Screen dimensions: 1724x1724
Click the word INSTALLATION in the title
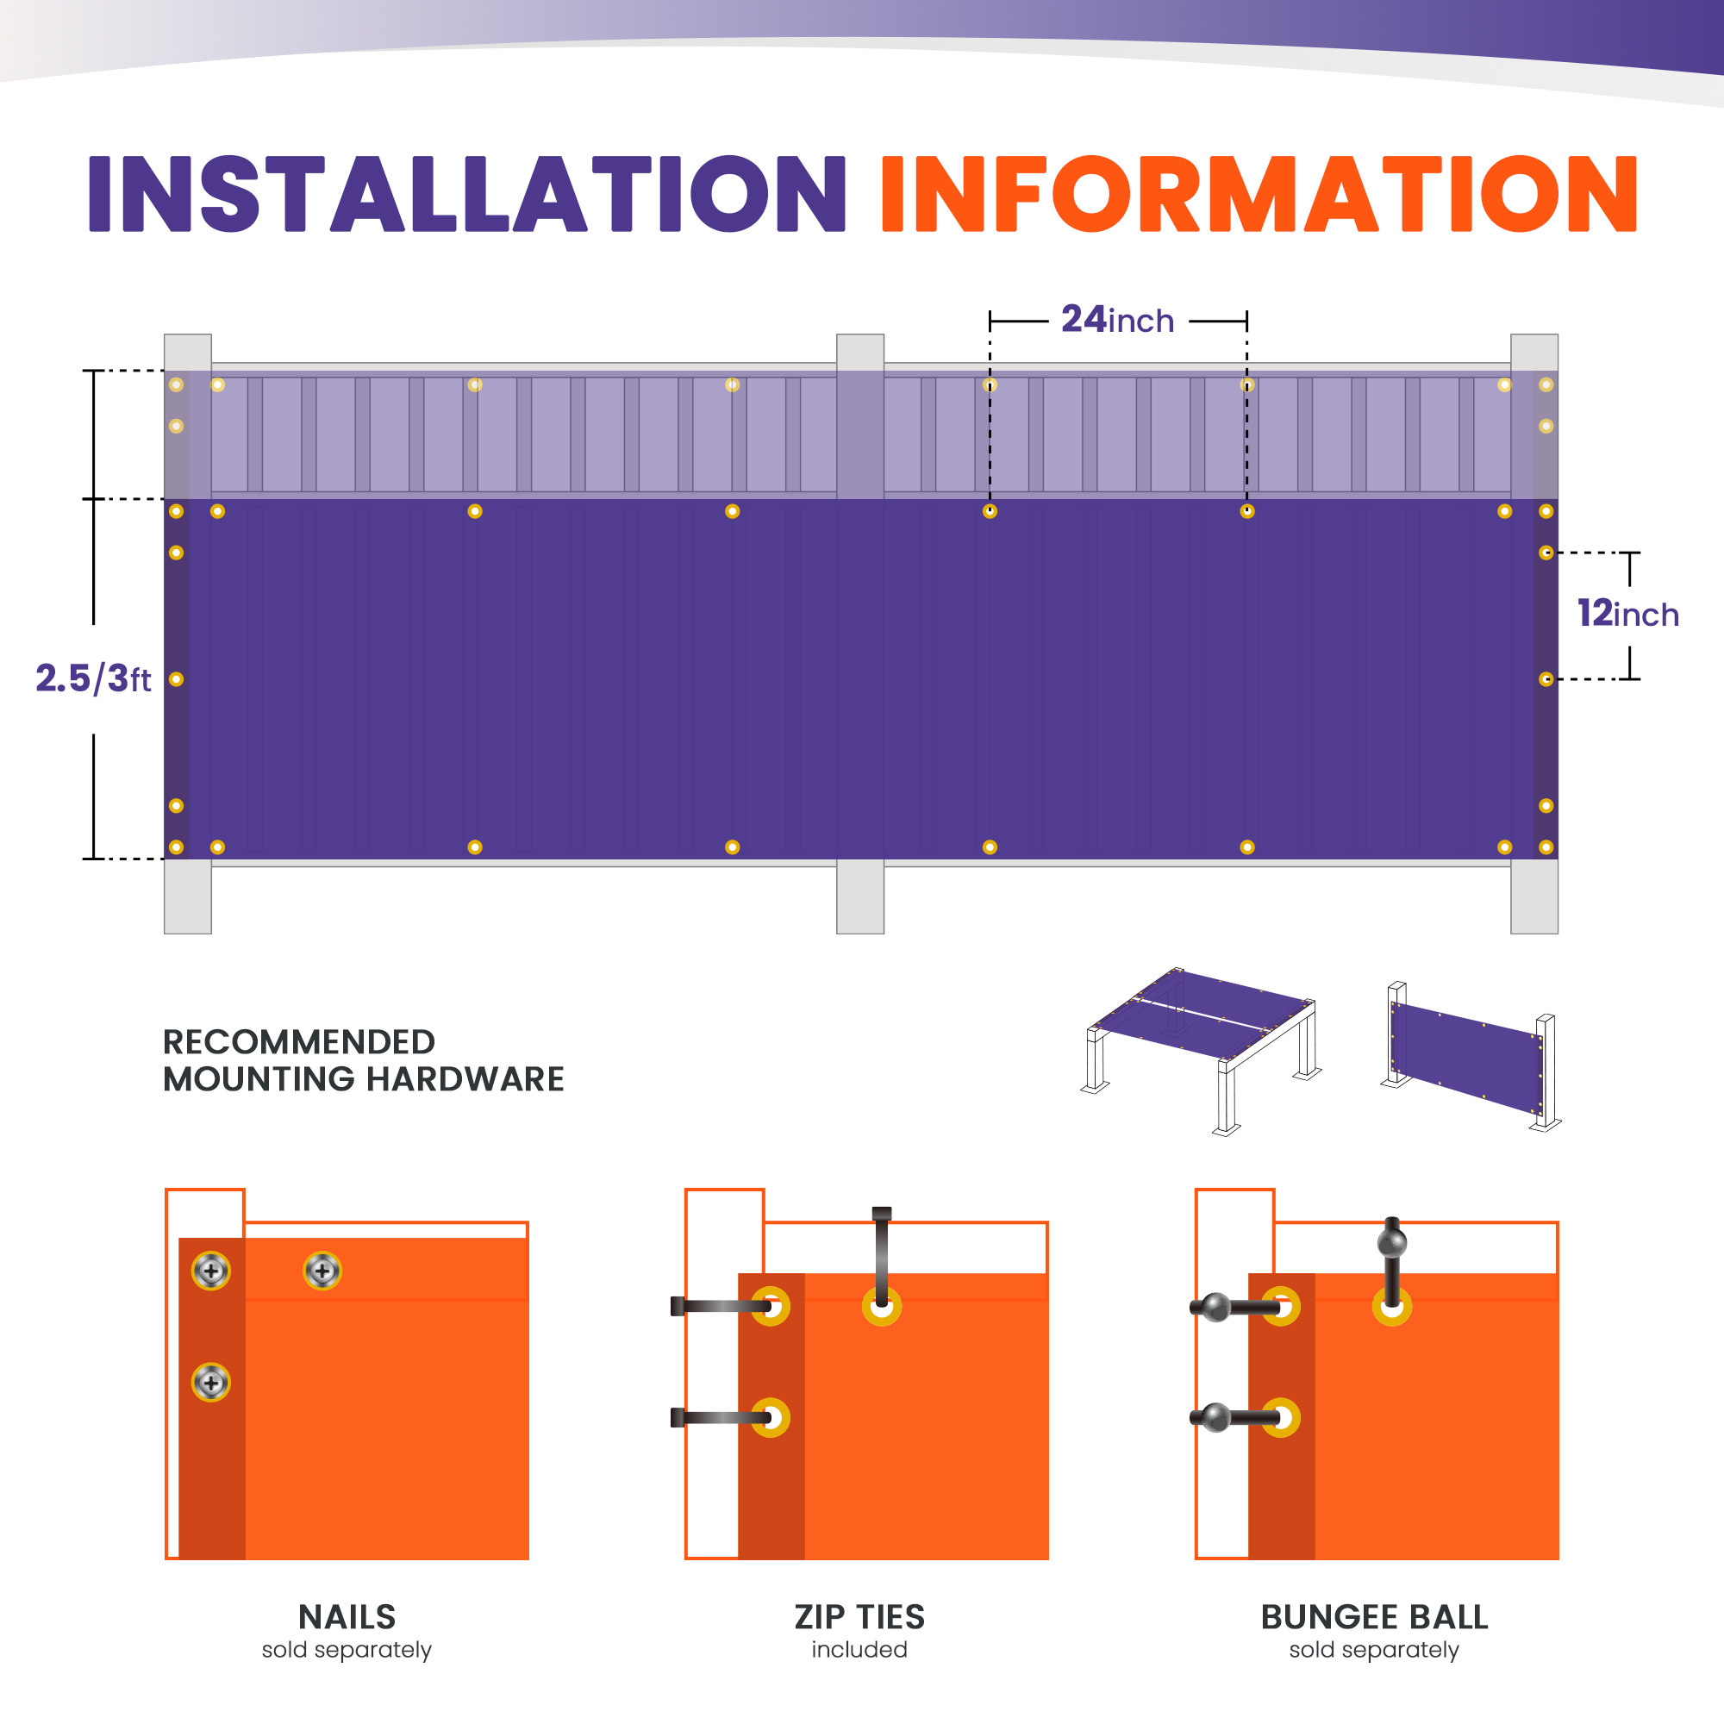click(x=466, y=194)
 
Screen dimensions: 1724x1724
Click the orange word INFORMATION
click(x=1259, y=194)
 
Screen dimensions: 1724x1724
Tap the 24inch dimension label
click(x=1117, y=320)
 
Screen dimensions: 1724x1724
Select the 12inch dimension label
click(x=1627, y=614)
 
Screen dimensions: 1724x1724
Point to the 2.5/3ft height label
click(x=93, y=678)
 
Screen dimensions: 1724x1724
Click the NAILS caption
click(x=347, y=1617)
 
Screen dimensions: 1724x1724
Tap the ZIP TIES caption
click(x=859, y=1617)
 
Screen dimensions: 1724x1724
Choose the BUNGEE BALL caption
click(x=1374, y=1617)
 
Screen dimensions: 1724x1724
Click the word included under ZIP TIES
click(x=859, y=1650)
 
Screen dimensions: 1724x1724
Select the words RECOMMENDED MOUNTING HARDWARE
click(x=363, y=1060)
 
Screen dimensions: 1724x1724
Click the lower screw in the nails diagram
click(x=210, y=1383)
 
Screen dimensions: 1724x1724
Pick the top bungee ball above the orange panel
click(x=1392, y=1242)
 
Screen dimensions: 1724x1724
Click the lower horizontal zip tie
click(x=720, y=1417)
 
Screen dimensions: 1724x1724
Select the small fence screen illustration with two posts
click(x=1471, y=1057)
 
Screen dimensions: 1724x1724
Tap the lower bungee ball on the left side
click(x=1215, y=1417)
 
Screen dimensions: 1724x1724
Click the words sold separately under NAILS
click(x=347, y=1650)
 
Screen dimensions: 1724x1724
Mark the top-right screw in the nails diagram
click(x=322, y=1271)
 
